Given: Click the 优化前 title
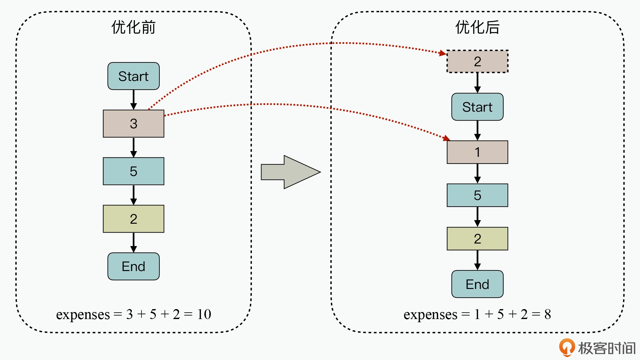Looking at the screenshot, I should click(x=133, y=28).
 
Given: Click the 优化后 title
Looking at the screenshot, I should click(x=477, y=28).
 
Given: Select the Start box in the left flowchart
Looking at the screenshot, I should click(x=133, y=76).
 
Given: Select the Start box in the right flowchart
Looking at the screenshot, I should click(x=477, y=107).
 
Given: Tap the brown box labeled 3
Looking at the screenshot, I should click(x=133, y=124).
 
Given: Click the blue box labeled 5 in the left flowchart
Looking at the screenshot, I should click(x=133, y=171).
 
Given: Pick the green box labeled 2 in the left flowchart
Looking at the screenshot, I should click(x=133, y=219).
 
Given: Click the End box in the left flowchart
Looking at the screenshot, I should click(x=133, y=266).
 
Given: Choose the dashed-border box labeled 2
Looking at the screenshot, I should click(x=477, y=61).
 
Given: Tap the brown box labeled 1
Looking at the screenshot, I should click(x=477, y=152).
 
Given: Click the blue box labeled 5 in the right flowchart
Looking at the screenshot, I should click(x=477, y=195).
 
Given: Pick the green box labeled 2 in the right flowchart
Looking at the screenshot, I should click(x=477, y=239).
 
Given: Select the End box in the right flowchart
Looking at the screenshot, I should click(x=477, y=284).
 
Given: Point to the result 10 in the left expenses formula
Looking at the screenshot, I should click(x=204, y=314).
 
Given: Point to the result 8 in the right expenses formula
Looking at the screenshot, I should click(x=548, y=314).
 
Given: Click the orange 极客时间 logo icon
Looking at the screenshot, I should click(x=567, y=347).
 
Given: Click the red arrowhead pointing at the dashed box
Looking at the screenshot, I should click(x=443, y=53).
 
